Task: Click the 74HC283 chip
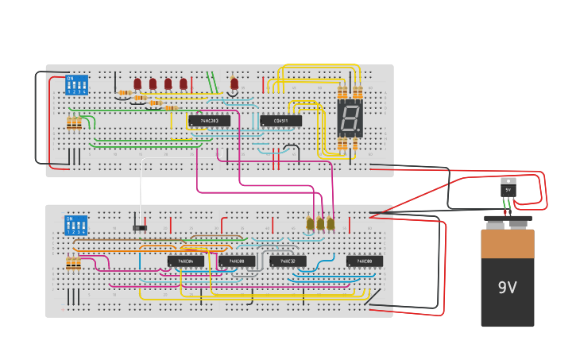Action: [209, 121]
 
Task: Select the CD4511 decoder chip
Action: [280, 121]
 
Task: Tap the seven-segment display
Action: [349, 118]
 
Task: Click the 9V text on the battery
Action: [507, 288]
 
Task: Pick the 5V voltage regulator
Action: [508, 189]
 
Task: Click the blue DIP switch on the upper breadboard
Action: [76, 85]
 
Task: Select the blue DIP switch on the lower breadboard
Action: [75, 225]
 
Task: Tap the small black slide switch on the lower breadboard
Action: [140, 228]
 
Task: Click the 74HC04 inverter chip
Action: [185, 261]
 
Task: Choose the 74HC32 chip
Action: [288, 261]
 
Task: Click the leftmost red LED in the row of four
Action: [137, 83]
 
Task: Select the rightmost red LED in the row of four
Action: [184, 83]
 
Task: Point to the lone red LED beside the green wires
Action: [234, 83]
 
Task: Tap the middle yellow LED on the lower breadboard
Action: [320, 224]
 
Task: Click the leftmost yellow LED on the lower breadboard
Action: [310, 224]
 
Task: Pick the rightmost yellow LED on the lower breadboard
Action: [331, 224]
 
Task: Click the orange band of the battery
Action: [507, 245]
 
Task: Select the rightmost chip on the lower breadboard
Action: [364, 261]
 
